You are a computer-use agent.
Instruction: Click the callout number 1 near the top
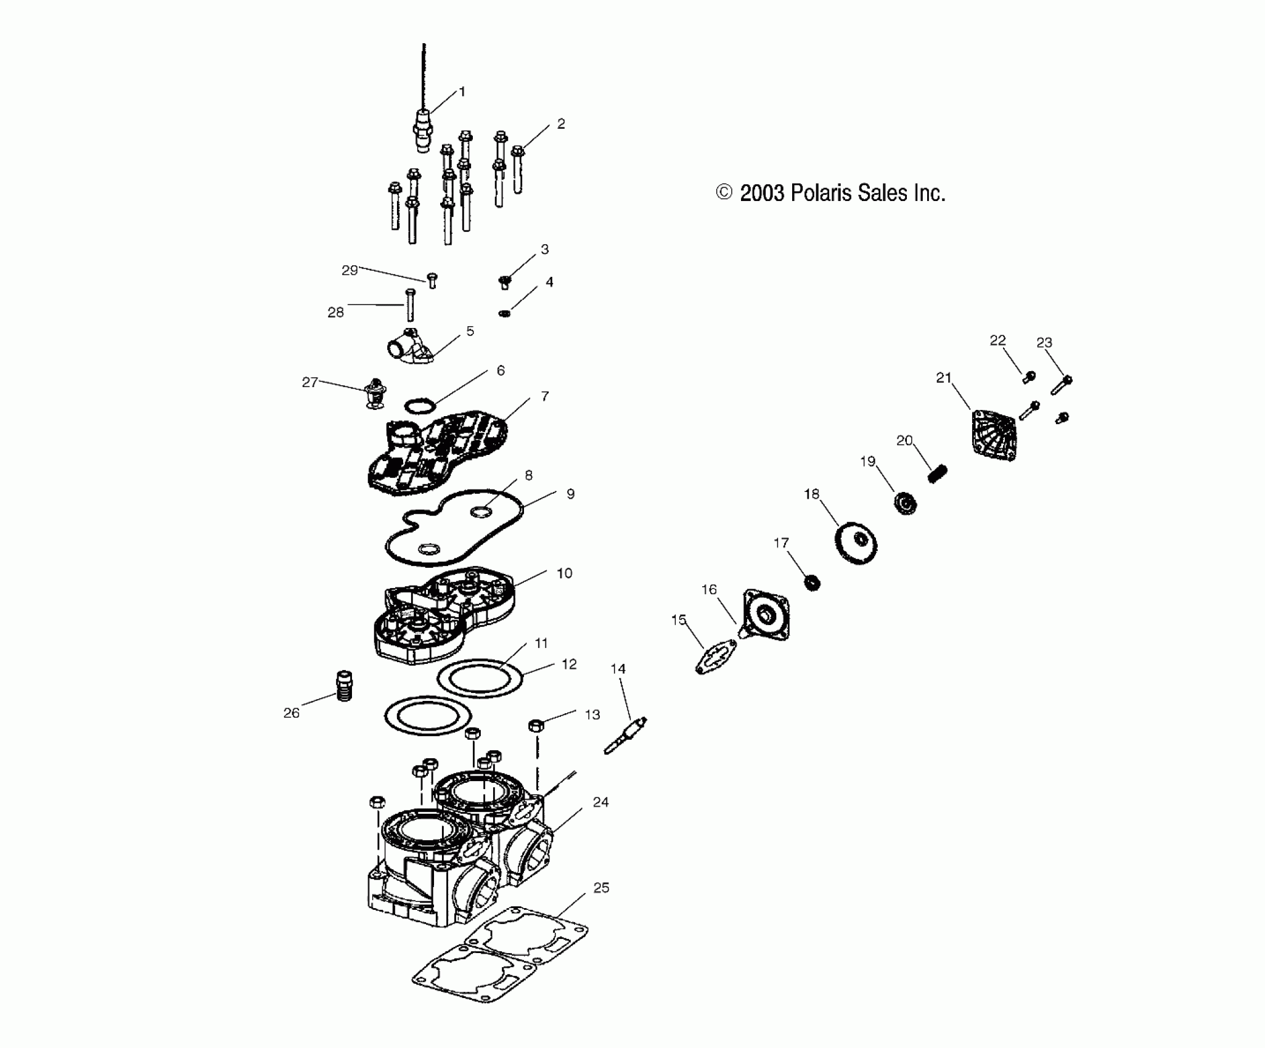[462, 92]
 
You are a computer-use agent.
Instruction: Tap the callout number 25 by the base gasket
[601, 888]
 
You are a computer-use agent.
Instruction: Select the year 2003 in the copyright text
[762, 194]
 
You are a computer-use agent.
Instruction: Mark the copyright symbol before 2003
[724, 193]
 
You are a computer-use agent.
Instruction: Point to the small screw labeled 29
[432, 281]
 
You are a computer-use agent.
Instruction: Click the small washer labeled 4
[504, 314]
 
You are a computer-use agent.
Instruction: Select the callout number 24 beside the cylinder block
[600, 802]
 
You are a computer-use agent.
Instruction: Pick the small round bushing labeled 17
[813, 582]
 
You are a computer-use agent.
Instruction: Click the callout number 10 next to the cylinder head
[564, 573]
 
